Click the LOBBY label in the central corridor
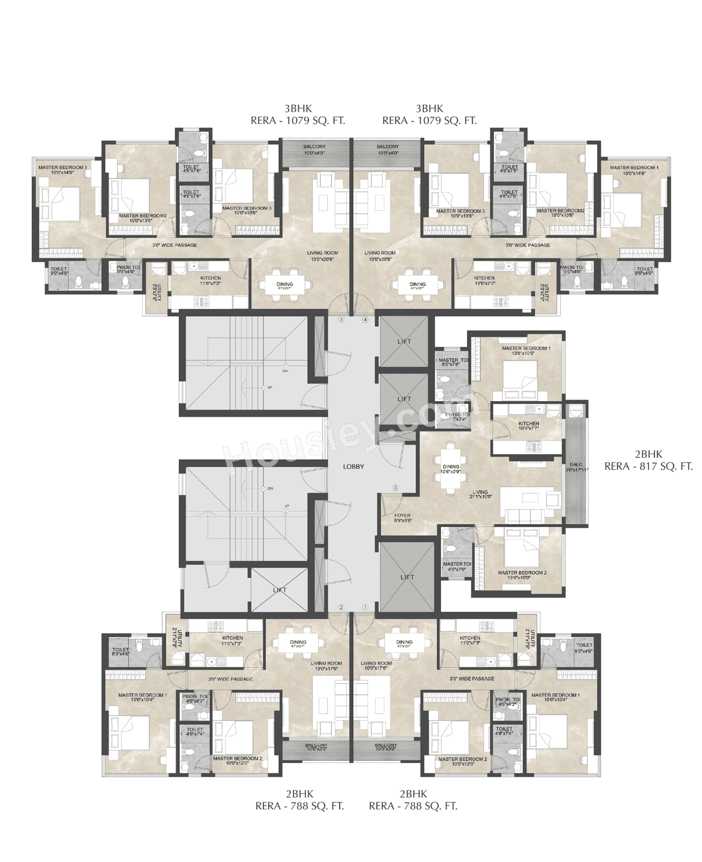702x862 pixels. (x=353, y=467)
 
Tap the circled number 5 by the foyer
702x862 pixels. (x=395, y=487)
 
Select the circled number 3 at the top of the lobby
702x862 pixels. (x=341, y=319)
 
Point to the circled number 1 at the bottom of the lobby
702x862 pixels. (x=365, y=607)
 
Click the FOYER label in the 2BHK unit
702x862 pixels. (x=402, y=515)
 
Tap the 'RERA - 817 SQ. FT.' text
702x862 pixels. (x=648, y=466)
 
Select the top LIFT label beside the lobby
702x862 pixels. (x=404, y=341)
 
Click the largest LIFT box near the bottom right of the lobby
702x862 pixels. (x=407, y=577)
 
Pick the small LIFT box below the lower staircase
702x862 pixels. (x=280, y=590)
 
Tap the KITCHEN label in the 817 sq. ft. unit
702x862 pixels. (x=529, y=424)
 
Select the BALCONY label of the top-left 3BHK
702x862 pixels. (x=314, y=147)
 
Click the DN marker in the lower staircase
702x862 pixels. (x=269, y=488)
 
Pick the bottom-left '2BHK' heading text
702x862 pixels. (x=299, y=793)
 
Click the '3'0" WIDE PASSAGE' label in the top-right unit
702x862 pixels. (x=528, y=245)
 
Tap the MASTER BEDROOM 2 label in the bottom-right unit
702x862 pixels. (x=462, y=759)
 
